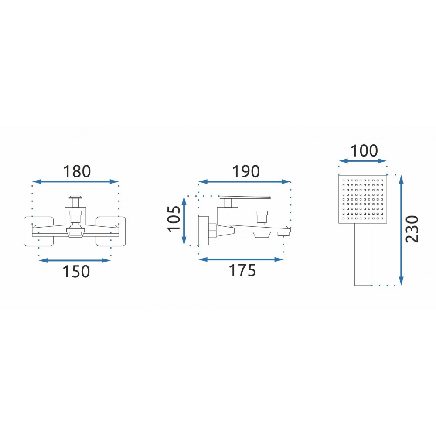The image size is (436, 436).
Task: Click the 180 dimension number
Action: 77,171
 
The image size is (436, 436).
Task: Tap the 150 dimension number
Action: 76,271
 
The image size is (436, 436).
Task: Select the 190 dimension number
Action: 246,171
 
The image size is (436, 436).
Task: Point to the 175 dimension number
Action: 242,270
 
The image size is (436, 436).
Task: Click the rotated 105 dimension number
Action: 174,218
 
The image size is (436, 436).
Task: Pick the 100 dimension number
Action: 364,151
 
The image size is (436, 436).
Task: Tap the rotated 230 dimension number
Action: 412,229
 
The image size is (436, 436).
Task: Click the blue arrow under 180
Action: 75,181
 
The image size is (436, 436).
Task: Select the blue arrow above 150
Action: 75,261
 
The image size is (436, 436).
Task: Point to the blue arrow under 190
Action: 245,181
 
